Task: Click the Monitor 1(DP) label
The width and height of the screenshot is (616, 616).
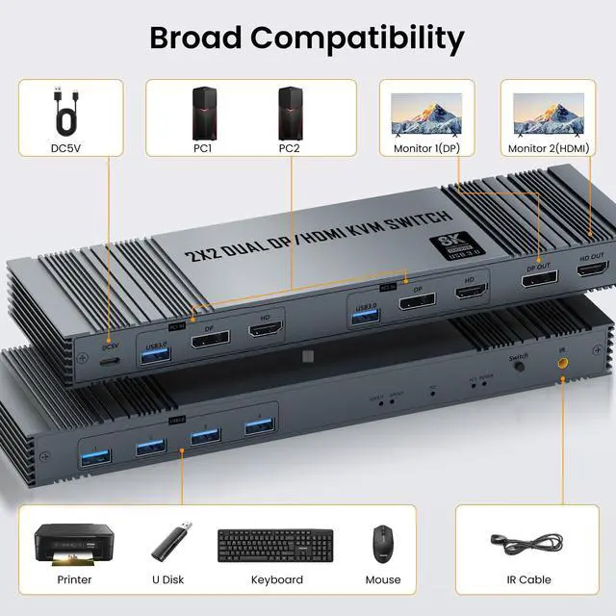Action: (427, 148)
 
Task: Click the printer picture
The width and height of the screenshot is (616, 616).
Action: (74, 545)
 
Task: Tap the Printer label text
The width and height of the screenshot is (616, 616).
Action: (74, 579)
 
